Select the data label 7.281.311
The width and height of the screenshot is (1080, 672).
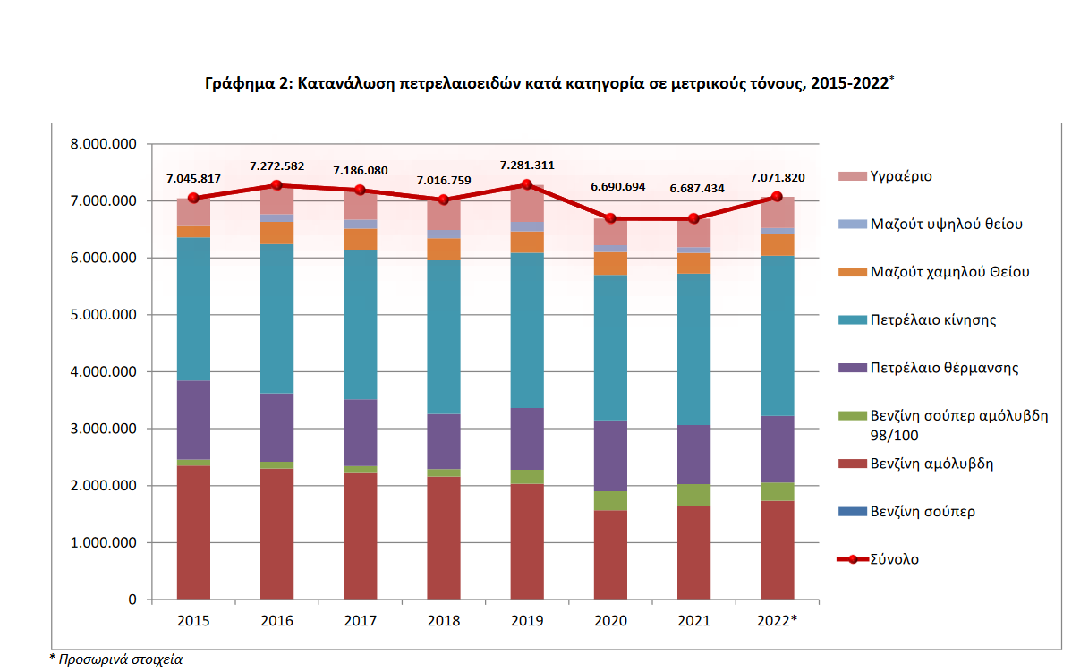528,165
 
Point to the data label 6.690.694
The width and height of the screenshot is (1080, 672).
611,187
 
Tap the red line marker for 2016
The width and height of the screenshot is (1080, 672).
276,185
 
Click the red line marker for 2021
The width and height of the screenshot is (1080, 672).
693,218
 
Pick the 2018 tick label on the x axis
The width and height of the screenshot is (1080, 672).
444,619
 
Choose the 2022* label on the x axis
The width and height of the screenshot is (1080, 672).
776,619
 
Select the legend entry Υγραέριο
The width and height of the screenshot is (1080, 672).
901,176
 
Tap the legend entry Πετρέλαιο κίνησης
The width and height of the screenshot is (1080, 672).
933,319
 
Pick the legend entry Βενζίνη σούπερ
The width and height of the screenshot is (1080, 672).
923,512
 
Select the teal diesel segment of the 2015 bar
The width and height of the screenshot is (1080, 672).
193,309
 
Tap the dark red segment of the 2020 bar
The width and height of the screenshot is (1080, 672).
610,555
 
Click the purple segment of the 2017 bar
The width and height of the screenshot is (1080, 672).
361,432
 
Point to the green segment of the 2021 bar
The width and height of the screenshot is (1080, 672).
693,495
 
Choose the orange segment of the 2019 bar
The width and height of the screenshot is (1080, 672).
527,242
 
